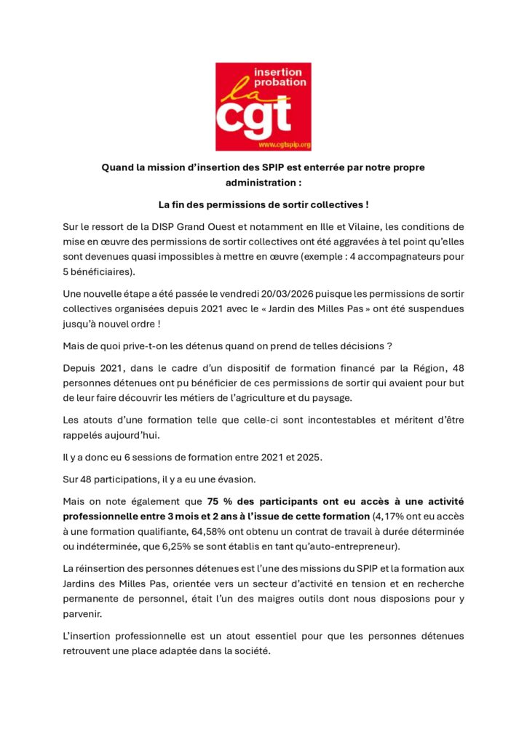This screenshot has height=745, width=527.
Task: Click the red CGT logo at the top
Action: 263,106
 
